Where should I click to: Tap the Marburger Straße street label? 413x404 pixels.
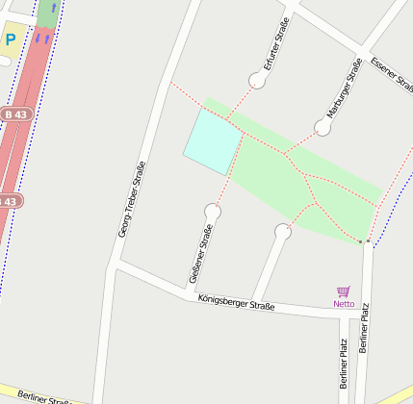[344, 88]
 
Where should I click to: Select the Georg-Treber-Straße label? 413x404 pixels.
[132, 199]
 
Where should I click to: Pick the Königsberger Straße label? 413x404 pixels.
[236, 303]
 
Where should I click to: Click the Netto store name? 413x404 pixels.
[344, 304]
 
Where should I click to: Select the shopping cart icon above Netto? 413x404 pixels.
[344, 291]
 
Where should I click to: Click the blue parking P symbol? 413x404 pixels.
[11, 39]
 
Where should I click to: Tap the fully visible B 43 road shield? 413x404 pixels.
[16, 114]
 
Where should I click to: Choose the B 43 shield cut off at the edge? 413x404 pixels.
[8, 201]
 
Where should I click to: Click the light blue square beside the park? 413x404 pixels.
[212, 141]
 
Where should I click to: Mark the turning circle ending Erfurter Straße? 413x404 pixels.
[257, 80]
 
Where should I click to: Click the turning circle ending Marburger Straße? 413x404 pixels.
[323, 127]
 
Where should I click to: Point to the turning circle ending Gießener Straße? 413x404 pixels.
[213, 211]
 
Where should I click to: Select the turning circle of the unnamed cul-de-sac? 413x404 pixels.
[283, 231]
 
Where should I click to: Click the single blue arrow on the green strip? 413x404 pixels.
[54, 8]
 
